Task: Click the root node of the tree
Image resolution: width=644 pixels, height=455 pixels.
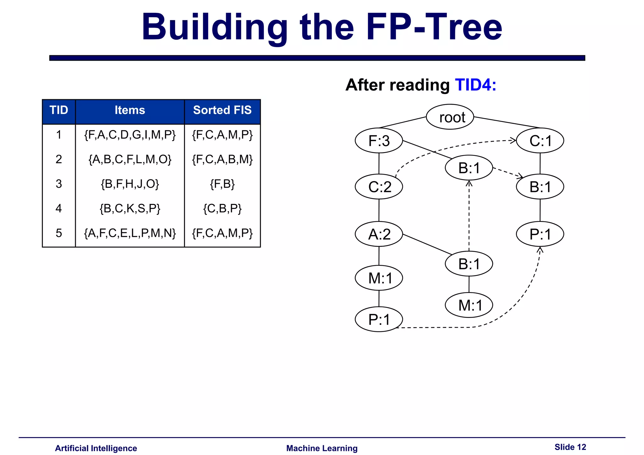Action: click(x=450, y=117)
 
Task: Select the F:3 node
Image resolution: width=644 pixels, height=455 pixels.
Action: click(x=379, y=140)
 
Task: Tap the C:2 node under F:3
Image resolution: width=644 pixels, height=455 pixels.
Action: click(x=379, y=187)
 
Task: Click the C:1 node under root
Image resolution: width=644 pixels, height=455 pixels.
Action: click(x=540, y=140)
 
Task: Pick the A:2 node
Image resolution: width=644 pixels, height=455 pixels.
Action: click(x=379, y=234)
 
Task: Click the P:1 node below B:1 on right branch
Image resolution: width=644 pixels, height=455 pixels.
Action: click(x=540, y=234)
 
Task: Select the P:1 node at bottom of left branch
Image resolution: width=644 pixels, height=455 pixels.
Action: click(x=379, y=319)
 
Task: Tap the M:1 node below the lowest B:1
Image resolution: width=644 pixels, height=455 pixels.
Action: click(x=469, y=305)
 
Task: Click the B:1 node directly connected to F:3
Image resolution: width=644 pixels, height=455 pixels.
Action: click(x=469, y=168)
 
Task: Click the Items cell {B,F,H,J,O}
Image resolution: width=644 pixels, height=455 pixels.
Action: click(x=130, y=184)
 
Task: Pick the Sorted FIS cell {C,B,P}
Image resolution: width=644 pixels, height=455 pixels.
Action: click(x=222, y=208)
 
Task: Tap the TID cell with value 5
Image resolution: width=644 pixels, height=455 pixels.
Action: click(x=59, y=233)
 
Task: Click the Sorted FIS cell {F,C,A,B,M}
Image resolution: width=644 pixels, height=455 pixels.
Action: click(x=222, y=159)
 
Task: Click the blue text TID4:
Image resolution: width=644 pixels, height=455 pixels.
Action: click(x=475, y=85)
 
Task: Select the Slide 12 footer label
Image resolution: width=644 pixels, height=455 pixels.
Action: click(x=570, y=447)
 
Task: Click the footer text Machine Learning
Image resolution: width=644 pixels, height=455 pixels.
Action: click(x=322, y=448)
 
